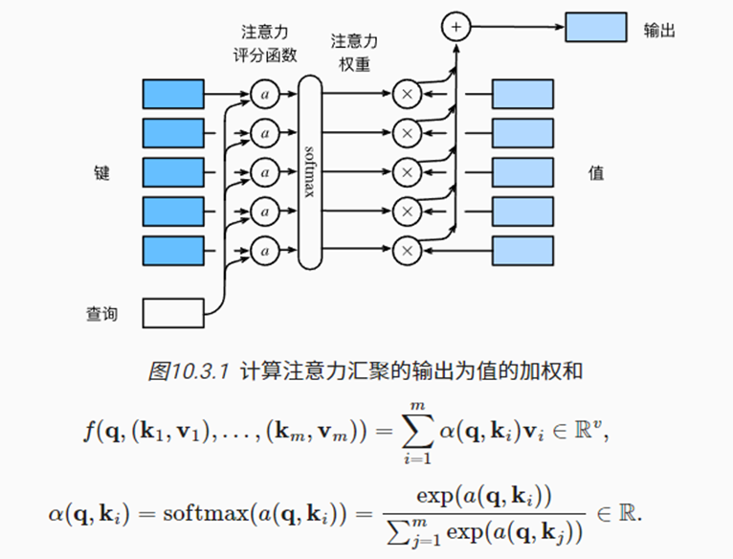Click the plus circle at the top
click(x=456, y=27)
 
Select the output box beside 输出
click(x=595, y=27)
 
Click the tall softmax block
click(x=310, y=172)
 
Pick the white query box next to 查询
click(x=173, y=312)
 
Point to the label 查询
click(x=101, y=313)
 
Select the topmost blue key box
click(x=173, y=94)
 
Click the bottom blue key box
click(x=173, y=250)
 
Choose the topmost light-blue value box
click(x=523, y=94)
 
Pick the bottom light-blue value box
click(x=523, y=250)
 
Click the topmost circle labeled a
click(x=265, y=94)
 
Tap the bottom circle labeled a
click(x=265, y=250)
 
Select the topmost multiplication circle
click(x=408, y=94)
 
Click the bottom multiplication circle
click(x=408, y=250)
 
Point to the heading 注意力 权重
click(x=354, y=53)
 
